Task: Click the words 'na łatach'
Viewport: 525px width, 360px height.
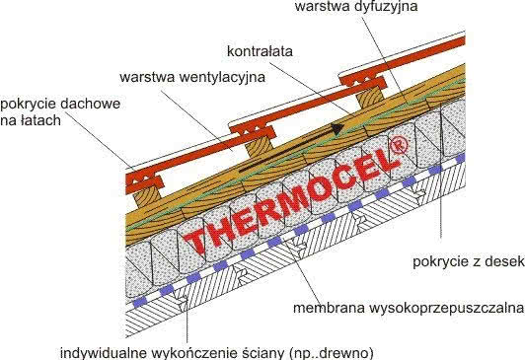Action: pyautogui.click(x=32, y=119)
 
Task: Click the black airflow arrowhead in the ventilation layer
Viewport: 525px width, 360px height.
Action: pyautogui.click(x=338, y=126)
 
